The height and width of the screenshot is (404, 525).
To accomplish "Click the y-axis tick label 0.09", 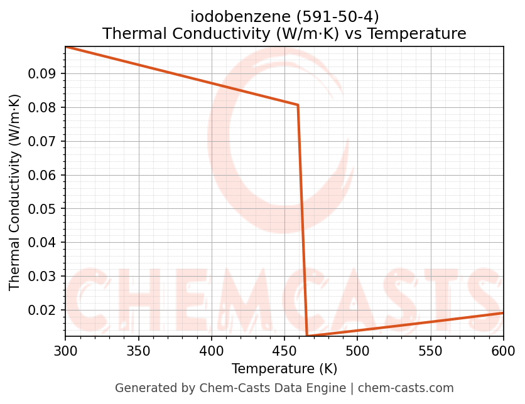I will point(43,74).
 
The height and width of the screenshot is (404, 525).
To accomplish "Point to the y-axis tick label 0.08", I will point(43,108).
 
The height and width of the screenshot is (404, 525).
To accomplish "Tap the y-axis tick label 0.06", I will point(43,175).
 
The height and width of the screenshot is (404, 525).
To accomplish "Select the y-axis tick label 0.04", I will point(43,243).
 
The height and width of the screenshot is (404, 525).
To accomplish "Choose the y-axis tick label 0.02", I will point(43,310).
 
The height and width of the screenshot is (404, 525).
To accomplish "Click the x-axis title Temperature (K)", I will point(284,369).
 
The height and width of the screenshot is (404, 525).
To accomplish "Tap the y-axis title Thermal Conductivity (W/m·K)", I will point(15,192).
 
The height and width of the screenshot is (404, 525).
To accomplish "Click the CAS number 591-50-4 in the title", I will point(345,17).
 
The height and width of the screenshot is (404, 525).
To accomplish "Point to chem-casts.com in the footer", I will point(406,388).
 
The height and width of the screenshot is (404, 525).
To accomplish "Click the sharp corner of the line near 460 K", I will point(298,105).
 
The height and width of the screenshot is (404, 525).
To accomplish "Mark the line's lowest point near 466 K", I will point(307,336).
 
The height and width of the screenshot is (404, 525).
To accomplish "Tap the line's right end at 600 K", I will point(503,312).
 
